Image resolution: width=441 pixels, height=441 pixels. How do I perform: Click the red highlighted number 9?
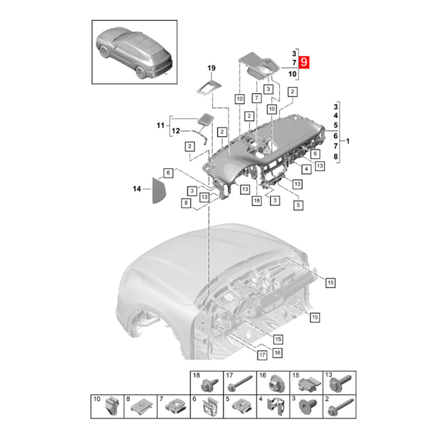pyautogui.click(x=304, y=62)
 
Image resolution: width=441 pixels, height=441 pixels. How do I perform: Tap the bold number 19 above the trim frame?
pyautogui.click(x=211, y=68)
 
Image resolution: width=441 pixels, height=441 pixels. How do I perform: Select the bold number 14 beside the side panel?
pyautogui.click(x=137, y=189)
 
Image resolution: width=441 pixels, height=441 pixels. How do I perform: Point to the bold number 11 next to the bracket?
pyautogui.click(x=160, y=125)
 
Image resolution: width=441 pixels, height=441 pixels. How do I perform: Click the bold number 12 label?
pyautogui.click(x=176, y=131)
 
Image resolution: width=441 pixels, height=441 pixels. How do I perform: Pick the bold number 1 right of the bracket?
pyautogui.click(x=348, y=141)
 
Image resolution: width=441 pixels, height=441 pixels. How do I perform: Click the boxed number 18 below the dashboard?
pyautogui.click(x=256, y=201)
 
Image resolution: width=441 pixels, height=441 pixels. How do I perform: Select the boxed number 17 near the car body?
pyautogui.click(x=262, y=355)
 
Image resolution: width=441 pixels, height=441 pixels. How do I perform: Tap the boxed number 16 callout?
pyautogui.click(x=277, y=353)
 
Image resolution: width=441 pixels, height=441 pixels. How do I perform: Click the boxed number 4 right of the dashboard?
pyautogui.click(x=306, y=169)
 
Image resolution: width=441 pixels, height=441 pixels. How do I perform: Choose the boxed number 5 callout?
pyautogui.click(x=298, y=205)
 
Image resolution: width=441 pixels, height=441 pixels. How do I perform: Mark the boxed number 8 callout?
pyautogui.click(x=186, y=203)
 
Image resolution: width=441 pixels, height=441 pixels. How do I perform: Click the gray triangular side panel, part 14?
pyautogui.click(x=158, y=191)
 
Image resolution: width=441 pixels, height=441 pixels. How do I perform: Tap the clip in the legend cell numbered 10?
pyautogui.click(x=112, y=407)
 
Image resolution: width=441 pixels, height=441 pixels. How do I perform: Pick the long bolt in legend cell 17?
pyautogui.click(x=240, y=383)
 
